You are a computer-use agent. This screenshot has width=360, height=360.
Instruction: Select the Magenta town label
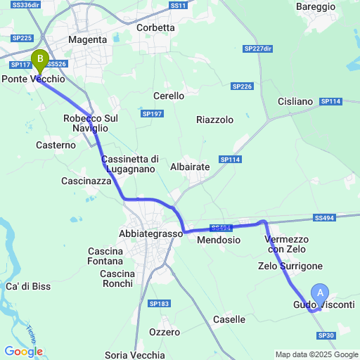(87, 40)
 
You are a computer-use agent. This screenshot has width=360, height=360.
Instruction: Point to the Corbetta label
(155, 28)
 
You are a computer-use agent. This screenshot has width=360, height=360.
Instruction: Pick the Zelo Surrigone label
(290, 266)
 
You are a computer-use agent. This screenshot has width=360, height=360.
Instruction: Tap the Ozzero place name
(165, 332)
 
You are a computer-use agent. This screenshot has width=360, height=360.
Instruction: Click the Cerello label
(169, 96)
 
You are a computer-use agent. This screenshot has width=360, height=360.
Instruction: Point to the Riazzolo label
(214, 120)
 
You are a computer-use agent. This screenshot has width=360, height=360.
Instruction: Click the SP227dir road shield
(257, 49)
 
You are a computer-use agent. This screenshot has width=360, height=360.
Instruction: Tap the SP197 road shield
(152, 113)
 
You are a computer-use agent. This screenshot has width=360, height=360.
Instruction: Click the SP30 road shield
(326, 335)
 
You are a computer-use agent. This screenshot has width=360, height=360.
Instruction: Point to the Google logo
(23, 352)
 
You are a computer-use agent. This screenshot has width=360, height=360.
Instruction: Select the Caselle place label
(229, 319)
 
